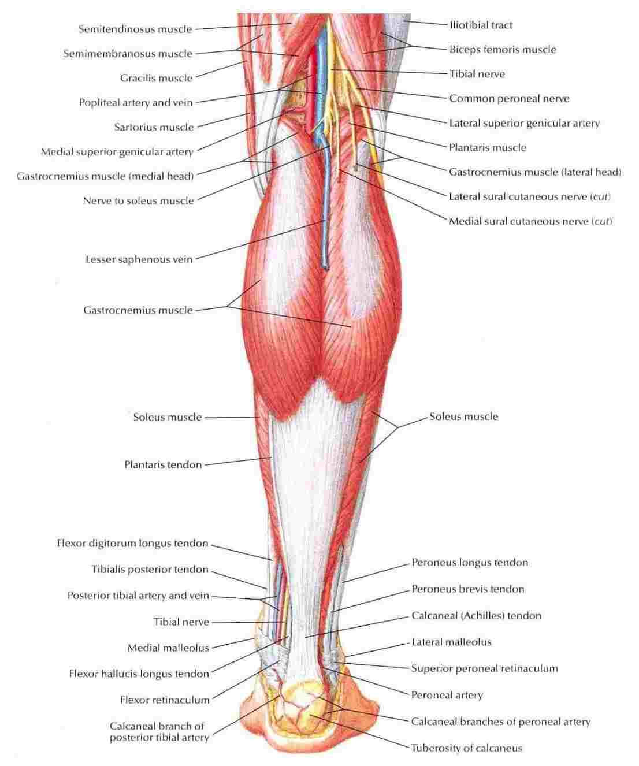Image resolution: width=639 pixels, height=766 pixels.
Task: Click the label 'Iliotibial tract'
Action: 481,25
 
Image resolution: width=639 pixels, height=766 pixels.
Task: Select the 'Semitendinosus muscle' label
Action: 135,29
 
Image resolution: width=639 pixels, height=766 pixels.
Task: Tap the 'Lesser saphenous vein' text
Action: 139,259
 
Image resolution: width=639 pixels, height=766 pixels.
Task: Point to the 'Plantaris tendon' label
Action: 163,464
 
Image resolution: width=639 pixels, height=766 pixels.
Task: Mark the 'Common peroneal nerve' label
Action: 510,98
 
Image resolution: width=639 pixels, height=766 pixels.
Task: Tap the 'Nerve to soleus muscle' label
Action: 138,200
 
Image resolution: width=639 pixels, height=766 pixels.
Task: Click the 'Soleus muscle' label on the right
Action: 464,416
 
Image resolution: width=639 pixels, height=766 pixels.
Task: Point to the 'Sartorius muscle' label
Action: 154,127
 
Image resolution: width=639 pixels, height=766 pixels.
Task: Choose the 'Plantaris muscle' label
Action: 488,147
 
